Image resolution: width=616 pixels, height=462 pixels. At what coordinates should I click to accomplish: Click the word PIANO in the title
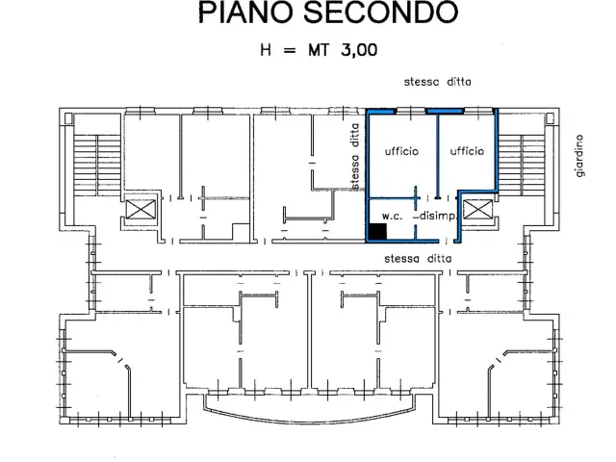246,12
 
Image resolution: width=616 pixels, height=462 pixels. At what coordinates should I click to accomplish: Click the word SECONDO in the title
381,12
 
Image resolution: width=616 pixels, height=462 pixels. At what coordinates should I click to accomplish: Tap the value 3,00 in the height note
359,50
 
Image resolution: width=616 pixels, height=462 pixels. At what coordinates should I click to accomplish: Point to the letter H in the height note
266,50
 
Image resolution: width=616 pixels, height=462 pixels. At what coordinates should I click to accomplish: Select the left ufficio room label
401,151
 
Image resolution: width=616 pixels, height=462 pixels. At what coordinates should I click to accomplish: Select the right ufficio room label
467,151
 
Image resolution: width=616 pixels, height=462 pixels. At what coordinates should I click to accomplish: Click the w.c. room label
392,216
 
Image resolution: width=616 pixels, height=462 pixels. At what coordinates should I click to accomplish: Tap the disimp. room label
438,216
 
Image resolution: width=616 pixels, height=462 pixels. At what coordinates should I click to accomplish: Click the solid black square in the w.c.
377,231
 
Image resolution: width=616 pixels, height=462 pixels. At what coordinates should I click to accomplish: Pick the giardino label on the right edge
579,156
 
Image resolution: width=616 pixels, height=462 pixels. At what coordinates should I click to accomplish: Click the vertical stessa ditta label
355,156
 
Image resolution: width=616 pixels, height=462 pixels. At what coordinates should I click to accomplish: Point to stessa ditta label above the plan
438,82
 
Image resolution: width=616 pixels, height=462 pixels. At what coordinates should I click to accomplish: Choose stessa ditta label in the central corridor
418,259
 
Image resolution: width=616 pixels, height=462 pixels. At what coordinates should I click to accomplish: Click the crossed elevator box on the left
141,209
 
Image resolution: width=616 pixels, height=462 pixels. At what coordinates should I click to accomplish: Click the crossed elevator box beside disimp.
477,209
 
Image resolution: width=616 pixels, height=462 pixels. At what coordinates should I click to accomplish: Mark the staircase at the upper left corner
97,165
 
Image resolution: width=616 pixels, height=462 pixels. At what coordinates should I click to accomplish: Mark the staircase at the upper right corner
522,165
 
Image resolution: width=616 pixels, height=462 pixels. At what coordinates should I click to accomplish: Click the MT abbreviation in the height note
318,50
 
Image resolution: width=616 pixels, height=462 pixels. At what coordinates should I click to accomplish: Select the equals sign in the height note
289,50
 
